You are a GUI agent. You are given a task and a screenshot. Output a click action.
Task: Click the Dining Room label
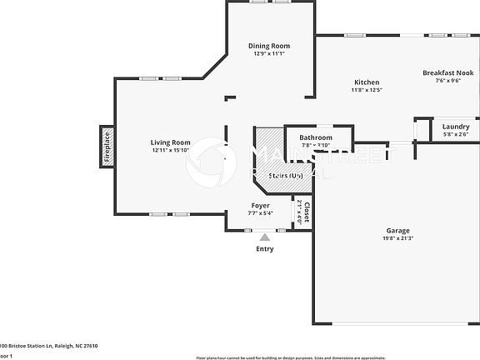click(269, 46)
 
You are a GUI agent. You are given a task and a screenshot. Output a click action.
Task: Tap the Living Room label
click(170, 142)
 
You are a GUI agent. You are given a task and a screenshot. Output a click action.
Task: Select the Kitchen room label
click(367, 82)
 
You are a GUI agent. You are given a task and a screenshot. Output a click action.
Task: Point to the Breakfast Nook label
click(447, 73)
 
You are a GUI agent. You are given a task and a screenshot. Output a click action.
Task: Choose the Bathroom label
click(316, 137)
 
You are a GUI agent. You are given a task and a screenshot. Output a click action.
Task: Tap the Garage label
click(397, 230)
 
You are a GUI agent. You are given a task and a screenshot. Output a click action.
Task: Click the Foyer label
click(261, 205)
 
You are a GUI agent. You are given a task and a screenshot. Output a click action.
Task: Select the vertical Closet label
click(306, 213)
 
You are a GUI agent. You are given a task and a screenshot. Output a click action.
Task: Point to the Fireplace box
click(107, 147)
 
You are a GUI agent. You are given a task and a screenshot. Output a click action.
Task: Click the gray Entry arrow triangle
click(265, 237)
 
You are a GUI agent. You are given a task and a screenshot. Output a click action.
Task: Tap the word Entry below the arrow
click(265, 248)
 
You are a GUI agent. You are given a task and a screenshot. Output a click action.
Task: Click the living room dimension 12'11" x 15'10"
click(170, 151)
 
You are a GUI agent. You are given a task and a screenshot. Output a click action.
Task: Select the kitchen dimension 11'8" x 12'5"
click(367, 91)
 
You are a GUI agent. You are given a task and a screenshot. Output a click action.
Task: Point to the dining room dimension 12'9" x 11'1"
click(269, 54)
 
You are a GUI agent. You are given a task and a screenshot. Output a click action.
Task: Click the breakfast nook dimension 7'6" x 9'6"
click(447, 82)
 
